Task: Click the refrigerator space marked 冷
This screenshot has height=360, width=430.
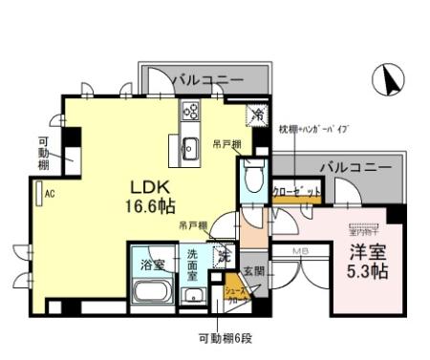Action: coord(256,115)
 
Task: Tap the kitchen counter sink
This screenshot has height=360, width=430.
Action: coord(190,146)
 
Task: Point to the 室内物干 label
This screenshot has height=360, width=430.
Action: coord(363,229)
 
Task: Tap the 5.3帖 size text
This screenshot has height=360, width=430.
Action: coord(363,271)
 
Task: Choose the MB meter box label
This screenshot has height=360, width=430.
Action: coord(299,252)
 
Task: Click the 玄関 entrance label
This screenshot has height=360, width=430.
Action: coord(251,270)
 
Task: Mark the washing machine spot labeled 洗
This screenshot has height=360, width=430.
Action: coord(226,256)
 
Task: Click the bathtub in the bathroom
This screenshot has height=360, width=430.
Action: coord(153,292)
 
